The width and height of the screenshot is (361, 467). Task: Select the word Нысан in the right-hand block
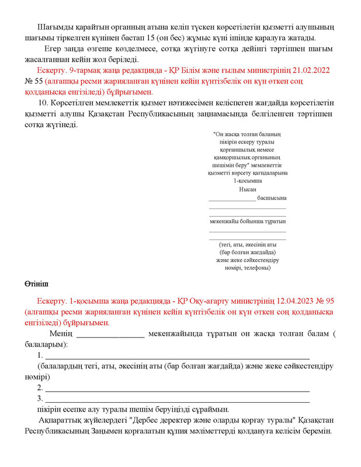coord(247,190)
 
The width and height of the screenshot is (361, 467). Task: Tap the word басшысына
coord(272,198)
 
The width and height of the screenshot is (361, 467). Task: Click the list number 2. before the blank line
coord(40,388)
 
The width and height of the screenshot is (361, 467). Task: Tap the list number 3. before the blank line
coord(40,399)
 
